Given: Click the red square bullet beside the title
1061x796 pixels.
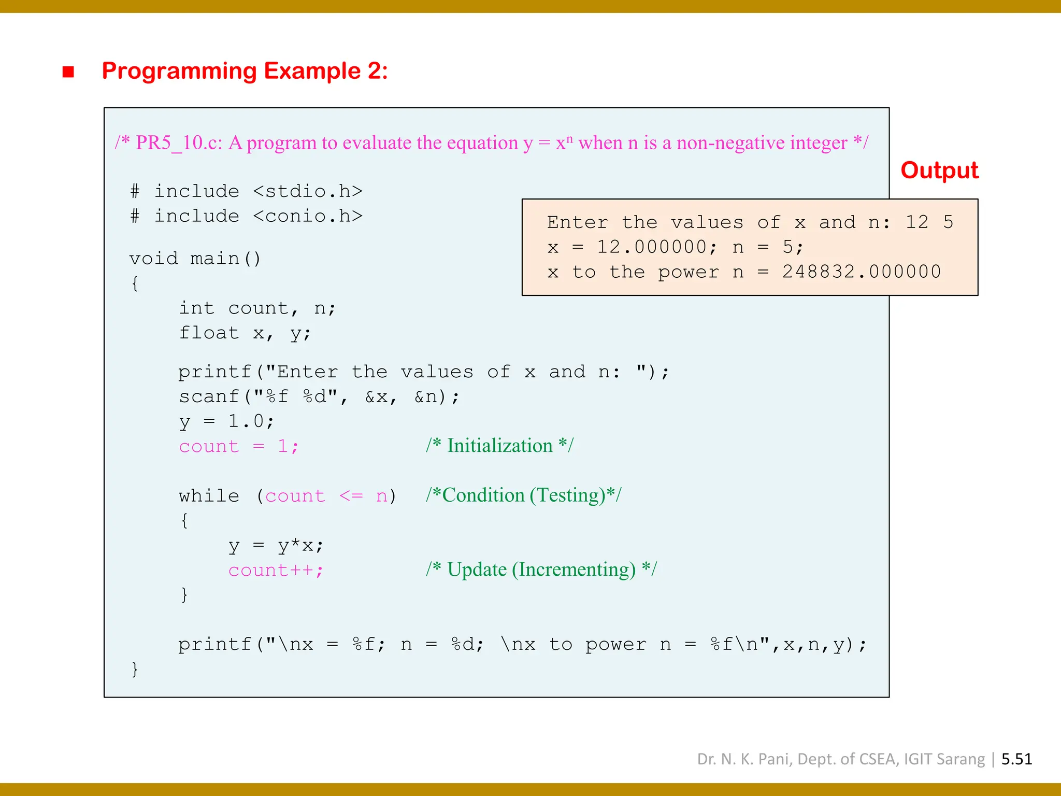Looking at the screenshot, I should [68, 72].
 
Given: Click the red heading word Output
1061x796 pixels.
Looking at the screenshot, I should [939, 170].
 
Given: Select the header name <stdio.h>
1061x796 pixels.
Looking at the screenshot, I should [308, 191].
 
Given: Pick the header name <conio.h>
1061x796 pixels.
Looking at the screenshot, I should [308, 216].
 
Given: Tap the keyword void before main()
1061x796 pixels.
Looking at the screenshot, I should [153, 259].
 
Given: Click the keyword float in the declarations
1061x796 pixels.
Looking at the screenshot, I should [209, 333].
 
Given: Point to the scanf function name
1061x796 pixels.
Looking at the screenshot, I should [208, 397].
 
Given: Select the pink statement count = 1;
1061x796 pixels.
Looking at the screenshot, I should [238, 446].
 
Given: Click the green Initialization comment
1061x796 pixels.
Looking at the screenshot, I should [499, 446].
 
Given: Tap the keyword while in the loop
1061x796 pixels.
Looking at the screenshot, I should [209, 496].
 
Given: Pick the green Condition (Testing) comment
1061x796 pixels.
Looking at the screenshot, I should [523, 495].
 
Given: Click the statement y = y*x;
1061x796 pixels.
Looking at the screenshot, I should [276, 546].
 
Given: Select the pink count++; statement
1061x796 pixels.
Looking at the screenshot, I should [276, 571].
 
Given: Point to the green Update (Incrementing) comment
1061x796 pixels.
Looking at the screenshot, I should [541, 570].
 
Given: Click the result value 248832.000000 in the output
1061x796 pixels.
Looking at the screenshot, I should [861, 272].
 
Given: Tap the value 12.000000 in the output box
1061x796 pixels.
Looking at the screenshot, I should [652, 247].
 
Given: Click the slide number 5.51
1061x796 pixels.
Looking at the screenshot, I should [1016, 759].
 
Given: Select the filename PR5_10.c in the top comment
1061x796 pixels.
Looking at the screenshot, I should [179, 143].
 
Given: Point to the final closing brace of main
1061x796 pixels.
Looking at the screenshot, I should [135, 669].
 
